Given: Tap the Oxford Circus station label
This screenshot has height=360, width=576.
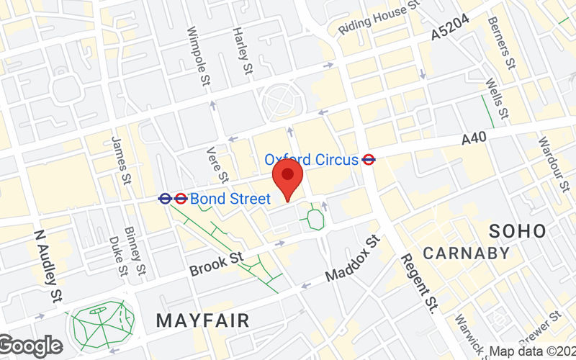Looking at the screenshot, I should click(x=311, y=160).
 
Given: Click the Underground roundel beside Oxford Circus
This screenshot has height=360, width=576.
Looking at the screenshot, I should click(x=369, y=160).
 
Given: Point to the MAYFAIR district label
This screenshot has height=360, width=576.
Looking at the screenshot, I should click(x=202, y=320).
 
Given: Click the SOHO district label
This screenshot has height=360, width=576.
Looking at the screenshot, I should click(x=518, y=231).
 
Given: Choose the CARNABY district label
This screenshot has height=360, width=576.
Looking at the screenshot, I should click(x=466, y=253).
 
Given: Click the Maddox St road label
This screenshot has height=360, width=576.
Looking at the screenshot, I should click(x=351, y=257).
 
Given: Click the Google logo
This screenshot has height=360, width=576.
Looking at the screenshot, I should click(x=30, y=346).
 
